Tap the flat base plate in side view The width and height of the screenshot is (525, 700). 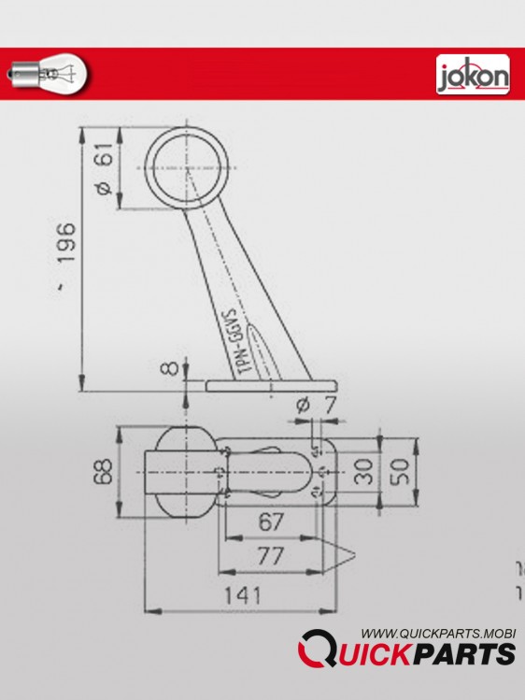271,385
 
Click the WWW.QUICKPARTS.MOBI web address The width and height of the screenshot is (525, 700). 439,633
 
